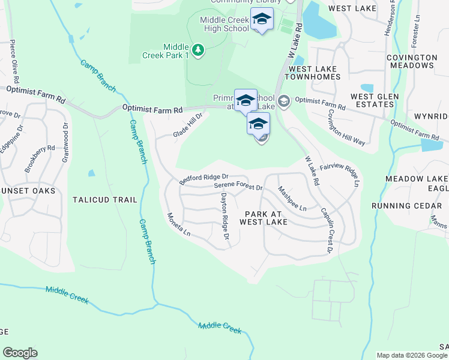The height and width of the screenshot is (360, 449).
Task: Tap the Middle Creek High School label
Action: point(224,24)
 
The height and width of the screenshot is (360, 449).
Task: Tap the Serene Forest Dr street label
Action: point(239,187)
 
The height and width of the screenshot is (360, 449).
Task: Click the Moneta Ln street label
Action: point(178,224)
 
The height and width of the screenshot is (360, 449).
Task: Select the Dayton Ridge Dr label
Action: point(224,217)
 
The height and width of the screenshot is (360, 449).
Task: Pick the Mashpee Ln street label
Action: point(292,198)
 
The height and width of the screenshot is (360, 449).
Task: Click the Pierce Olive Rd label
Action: point(13,62)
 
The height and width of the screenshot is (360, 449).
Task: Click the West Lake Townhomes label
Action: point(314,73)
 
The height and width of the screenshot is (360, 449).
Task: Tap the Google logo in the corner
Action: point(20,353)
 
